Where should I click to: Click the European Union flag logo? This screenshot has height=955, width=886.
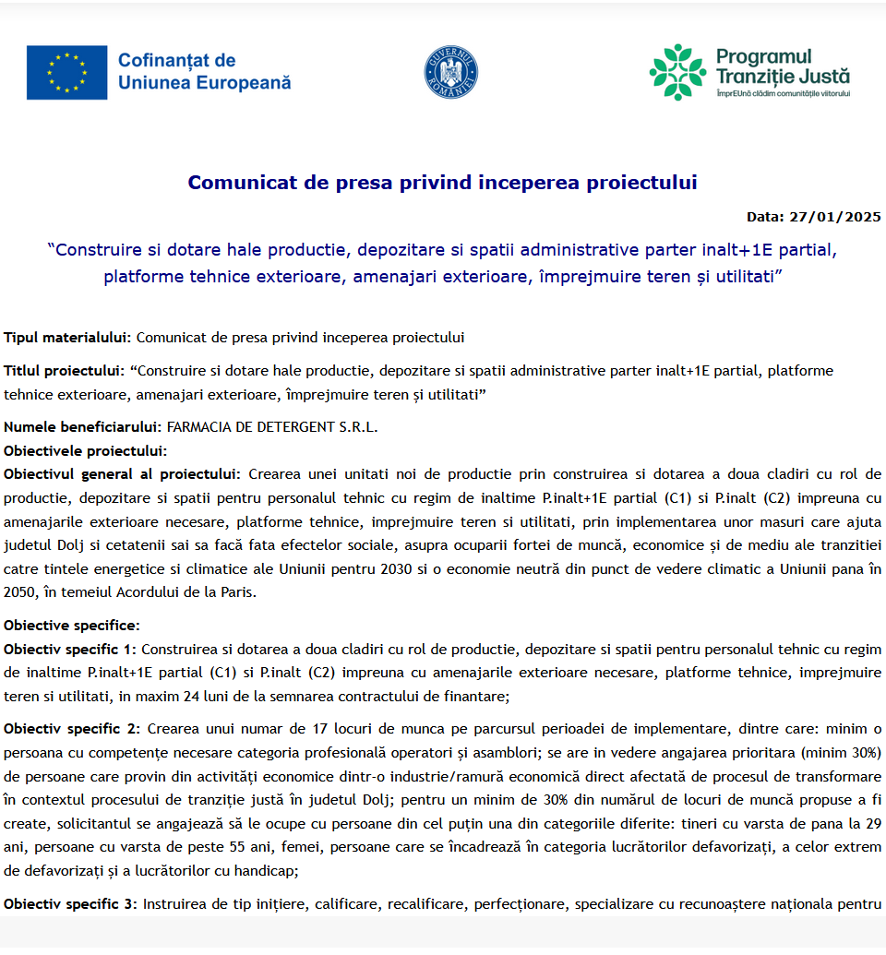66,72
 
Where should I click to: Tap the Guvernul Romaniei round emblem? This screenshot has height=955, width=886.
451,73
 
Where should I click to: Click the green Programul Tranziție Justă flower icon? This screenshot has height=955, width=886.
677,72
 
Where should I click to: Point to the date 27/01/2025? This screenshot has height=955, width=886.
835,217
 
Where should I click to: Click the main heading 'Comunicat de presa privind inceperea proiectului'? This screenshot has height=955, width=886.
442,183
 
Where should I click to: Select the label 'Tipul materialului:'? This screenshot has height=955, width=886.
68,338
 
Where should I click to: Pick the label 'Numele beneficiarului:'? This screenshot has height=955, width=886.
83,427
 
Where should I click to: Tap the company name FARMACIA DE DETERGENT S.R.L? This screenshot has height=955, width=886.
272,427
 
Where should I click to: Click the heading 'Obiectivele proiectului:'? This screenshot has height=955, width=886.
86,451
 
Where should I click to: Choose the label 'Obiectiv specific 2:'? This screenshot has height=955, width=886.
71,703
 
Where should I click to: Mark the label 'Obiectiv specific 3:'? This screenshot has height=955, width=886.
71,904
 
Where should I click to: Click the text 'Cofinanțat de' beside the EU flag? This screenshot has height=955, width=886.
176,61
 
